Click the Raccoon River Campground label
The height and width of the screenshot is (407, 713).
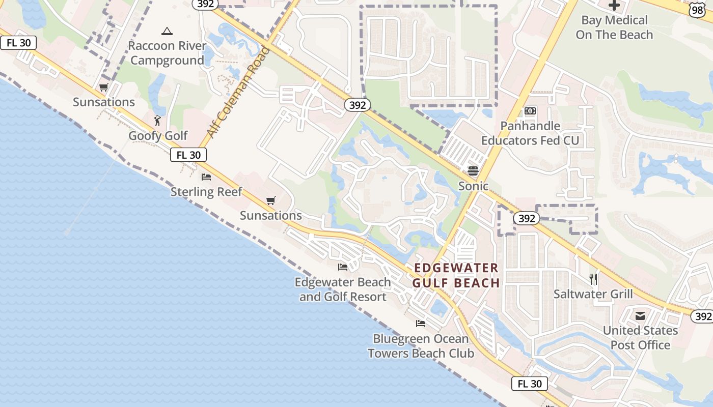[167, 53]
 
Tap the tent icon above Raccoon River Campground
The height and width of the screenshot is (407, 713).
[167, 32]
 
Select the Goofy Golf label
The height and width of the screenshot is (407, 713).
[158, 136]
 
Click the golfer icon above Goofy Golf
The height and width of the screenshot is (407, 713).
[158, 121]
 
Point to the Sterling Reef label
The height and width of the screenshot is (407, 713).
[206, 192]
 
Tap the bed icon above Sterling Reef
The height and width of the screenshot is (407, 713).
[206, 177]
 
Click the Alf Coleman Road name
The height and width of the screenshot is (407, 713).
[238, 93]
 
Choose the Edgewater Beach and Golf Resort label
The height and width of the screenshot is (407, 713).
[343, 289]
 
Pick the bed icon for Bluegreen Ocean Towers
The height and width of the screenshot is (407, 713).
[421, 323]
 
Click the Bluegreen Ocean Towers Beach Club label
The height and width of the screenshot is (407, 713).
[421, 346]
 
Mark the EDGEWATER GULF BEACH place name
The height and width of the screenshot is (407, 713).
[456, 275]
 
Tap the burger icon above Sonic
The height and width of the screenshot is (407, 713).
[473, 170]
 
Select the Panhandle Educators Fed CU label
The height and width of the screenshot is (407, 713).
[530, 133]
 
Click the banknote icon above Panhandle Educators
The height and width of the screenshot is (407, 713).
[530, 111]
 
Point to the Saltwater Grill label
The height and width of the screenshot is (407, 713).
[593, 294]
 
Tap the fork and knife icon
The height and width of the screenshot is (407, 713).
[593, 279]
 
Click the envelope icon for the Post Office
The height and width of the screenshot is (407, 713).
[640, 316]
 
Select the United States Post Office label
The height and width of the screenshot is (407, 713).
[640, 337]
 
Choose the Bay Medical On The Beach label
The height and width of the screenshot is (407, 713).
[614, 27]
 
